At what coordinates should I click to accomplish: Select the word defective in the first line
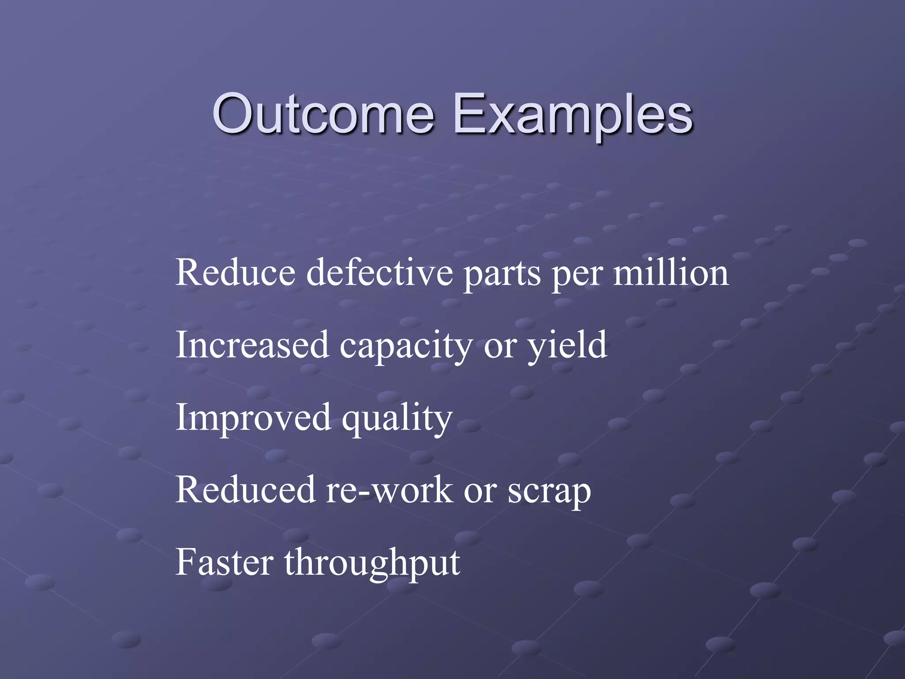(x=380, y=272)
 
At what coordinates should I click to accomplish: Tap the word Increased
(x=252, y=345)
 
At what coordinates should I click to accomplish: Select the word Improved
(x=253, y=418)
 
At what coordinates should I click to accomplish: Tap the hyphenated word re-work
(x=389, y=491)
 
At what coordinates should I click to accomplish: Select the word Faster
(x=224, y=562)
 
